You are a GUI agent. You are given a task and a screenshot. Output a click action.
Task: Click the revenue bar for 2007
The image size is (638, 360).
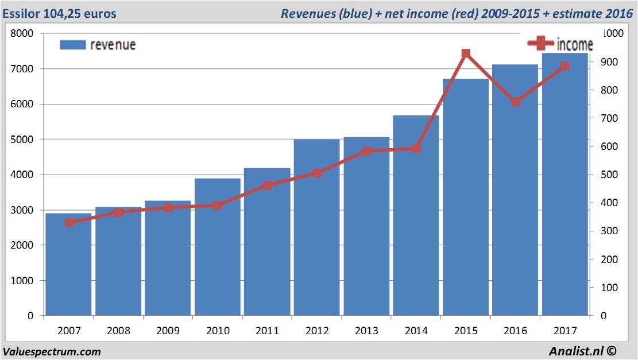click(x=68, y=265)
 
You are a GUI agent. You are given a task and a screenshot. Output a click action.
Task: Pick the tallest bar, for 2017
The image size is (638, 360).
click(x=564, y=184)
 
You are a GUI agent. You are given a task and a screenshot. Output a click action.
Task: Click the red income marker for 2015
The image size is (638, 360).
click(x=466, y=54)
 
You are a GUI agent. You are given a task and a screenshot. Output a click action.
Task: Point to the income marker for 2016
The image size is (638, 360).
click(x=516, y=102)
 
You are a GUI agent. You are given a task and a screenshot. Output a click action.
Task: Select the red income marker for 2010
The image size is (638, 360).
click(x=218, y=205)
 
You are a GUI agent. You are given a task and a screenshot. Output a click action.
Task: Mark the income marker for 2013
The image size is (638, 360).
click(x=366, y=151)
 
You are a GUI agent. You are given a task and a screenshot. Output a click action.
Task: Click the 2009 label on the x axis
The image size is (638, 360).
click(x=168, y=331)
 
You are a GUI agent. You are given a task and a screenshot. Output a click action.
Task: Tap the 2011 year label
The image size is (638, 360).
click(x=267, y=331)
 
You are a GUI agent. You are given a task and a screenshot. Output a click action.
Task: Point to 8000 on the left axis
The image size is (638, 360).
click(x=23, y=33)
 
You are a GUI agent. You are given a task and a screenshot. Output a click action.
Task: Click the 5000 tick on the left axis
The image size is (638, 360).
click(x=23, y=140)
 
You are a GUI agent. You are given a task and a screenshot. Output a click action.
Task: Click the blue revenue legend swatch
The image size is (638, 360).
click(x=72, y=45)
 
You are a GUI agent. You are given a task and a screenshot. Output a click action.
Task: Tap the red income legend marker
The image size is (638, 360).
click(x=540, y=44)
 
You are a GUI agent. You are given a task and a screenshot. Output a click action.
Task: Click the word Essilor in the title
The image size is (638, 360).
click(x=21, y=13)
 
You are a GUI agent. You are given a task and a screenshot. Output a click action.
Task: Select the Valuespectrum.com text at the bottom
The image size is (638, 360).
click(x=52, y=351)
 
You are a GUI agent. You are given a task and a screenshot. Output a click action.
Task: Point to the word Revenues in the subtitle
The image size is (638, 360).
click(x=307, y=13)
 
